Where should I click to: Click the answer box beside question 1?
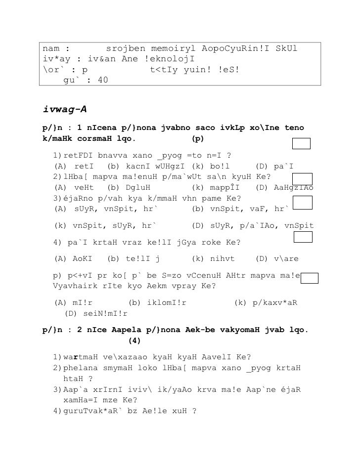301,143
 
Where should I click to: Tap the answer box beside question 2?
303,179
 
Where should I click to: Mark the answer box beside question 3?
303,202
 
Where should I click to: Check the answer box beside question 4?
303,237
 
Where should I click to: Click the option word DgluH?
138,188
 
